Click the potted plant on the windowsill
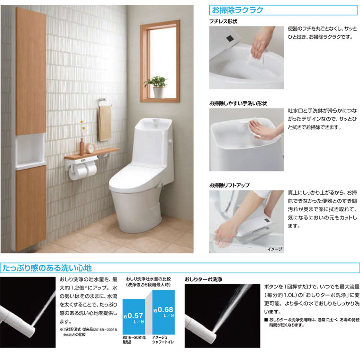tap(156, 86)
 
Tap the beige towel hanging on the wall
tap(104, 123)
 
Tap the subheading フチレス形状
tap(223, 22)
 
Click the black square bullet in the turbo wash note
tap(266, 320)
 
